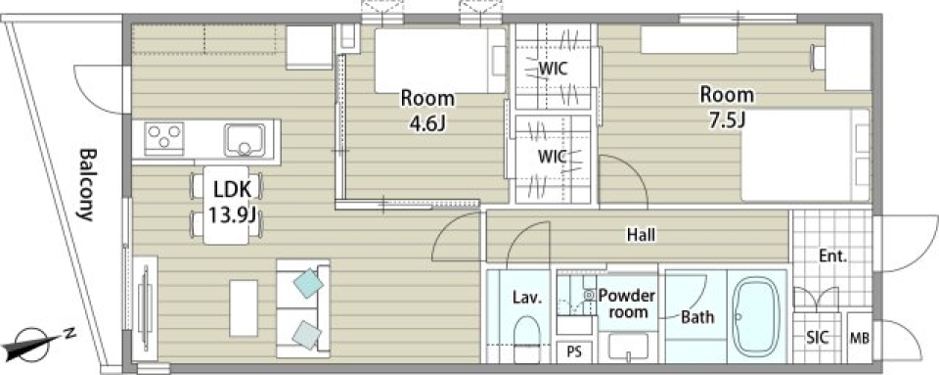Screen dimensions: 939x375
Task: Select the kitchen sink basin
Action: tap(245, 141)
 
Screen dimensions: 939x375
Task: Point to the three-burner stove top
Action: tap(163, 138)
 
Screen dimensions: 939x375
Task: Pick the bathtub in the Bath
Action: tap(757, 315)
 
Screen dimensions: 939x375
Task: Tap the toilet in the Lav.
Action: tap(527, 339)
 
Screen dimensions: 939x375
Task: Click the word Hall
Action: tap(641, 235)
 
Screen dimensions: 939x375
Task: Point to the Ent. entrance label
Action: tap(833, 257)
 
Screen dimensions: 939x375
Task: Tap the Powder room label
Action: tap(627, 304)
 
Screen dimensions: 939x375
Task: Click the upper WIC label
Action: tap(553, 69)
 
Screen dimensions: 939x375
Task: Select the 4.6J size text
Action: tap(427, 123)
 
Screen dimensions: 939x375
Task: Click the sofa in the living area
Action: tap(303, 307)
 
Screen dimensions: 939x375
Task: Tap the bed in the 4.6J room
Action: tap(440, 61)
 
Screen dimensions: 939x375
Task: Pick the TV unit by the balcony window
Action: tap(145, 307)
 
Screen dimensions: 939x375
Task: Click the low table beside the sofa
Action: tap(244, 307)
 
